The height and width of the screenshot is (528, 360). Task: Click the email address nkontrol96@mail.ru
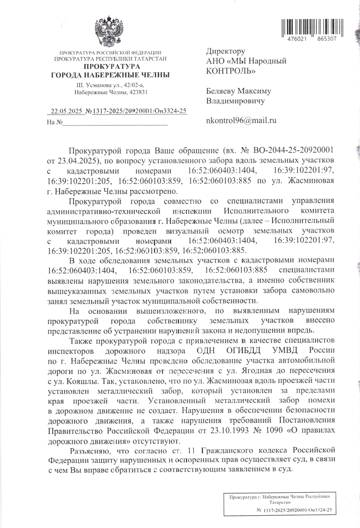click(x=241, y=121)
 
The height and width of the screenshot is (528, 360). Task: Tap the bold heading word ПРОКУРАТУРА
click(x=109, y=67)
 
